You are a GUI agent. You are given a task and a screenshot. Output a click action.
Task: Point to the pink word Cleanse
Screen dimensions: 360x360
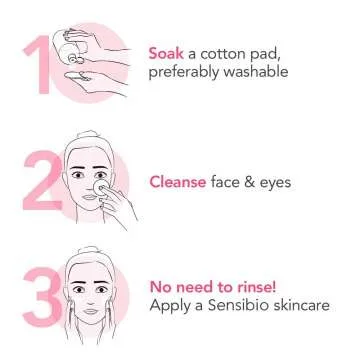tap(178, 182)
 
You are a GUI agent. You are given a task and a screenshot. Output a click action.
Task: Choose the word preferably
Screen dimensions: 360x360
tap(183, 71)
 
